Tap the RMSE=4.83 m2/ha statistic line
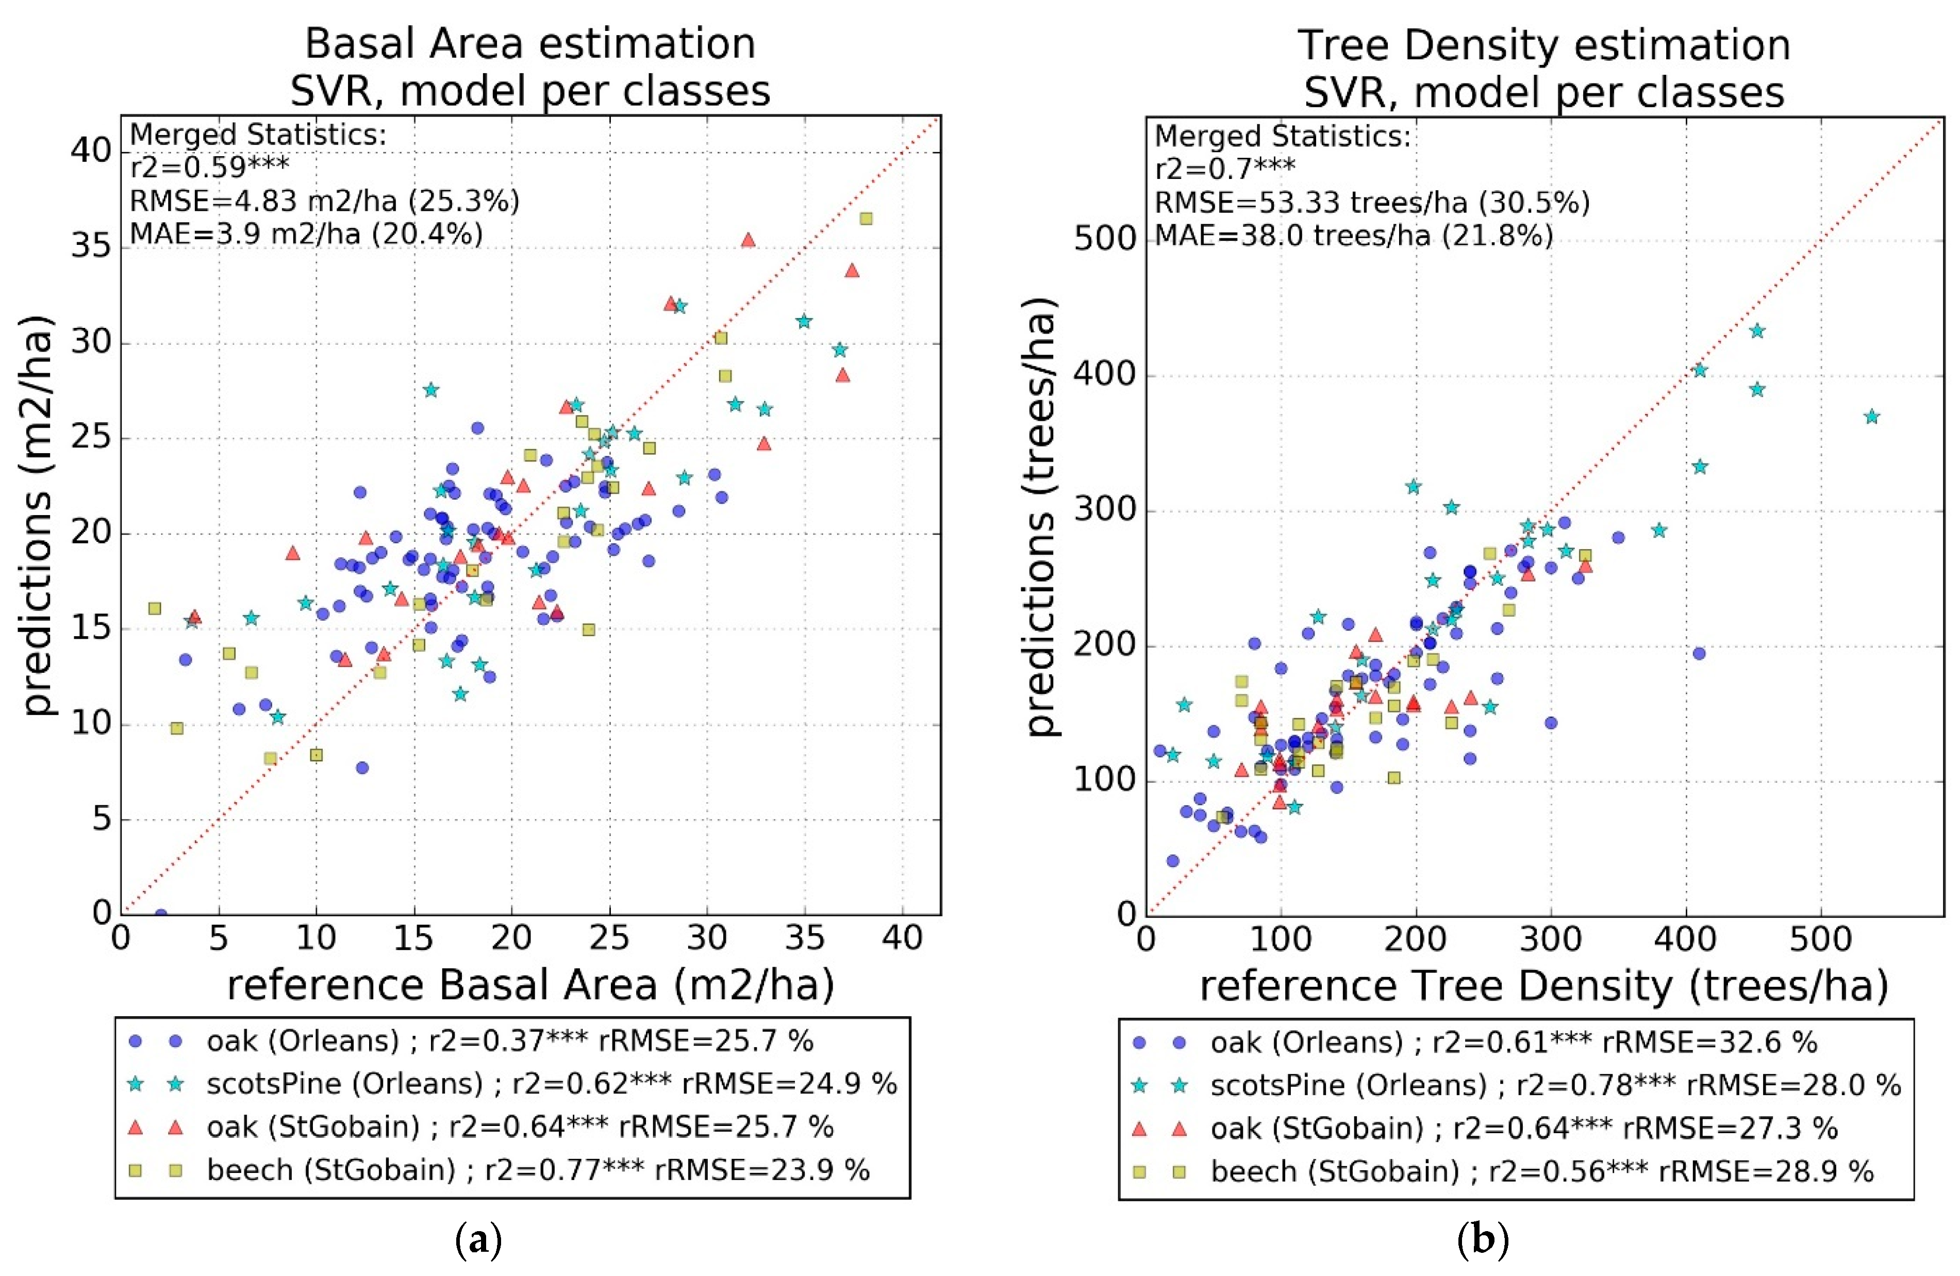(x=324, y=201)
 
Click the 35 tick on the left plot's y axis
(x=91, y=245)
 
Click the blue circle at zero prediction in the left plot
(x=161, y=915)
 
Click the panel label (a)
(x=478, y=1240)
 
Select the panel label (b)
(x=1482, y=1240)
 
